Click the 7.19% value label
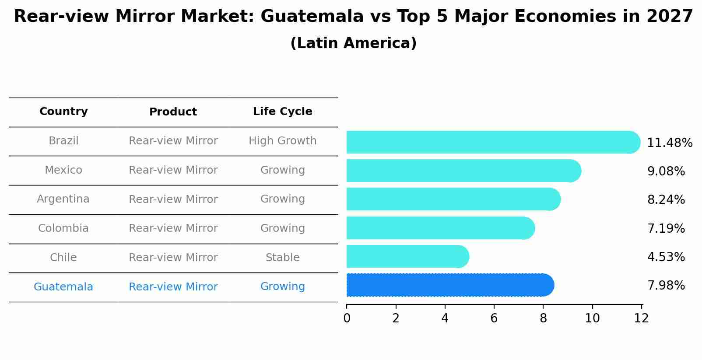point(666,228)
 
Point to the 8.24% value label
point(666,200)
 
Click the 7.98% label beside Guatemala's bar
point(666,286)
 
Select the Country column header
point(63,112)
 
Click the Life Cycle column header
point(282,112)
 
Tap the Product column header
point(173,112)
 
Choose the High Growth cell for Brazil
point(282,141)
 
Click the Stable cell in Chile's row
point(282,258)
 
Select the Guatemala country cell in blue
point(63,287)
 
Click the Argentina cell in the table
point(63,199)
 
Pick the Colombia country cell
point(63,228)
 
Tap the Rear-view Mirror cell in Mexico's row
point(173,170)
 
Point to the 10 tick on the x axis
point(592,318)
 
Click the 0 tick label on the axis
point(347,318)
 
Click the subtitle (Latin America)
point(353,43)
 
